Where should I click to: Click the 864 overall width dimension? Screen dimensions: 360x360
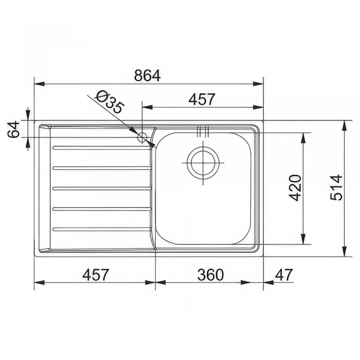(147, 75)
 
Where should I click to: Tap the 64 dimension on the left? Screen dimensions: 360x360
(13, 130)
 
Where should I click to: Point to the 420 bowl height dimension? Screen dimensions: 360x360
(295, 187)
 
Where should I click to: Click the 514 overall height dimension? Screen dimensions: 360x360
(336, 187)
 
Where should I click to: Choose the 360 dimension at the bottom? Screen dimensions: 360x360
(210, 275)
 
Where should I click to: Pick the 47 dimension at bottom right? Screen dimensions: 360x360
(284, 275)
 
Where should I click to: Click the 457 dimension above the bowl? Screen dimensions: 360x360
(202, 99)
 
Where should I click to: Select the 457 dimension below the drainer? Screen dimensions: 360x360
(95, 275)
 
